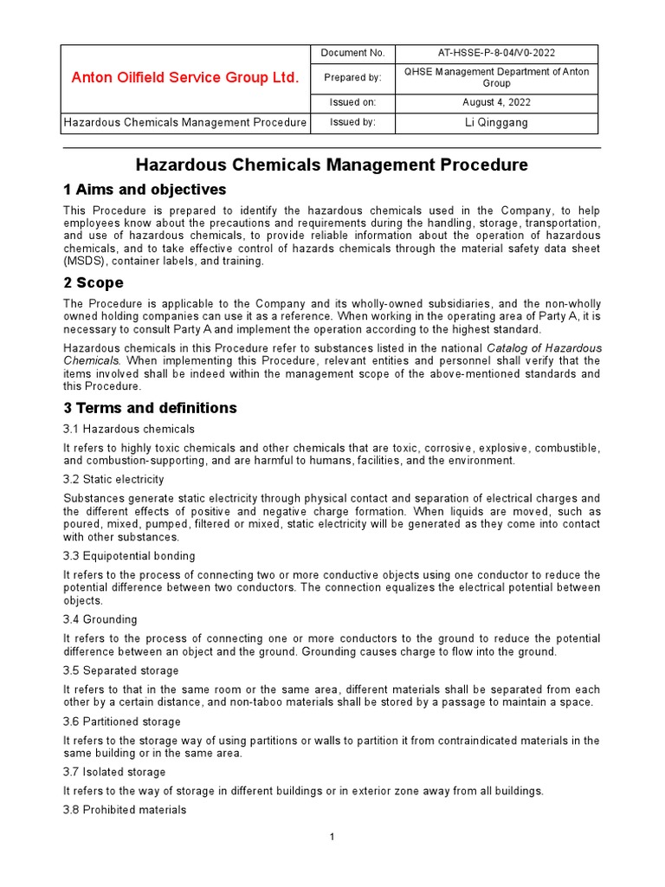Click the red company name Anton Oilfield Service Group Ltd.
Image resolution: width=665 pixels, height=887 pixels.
pyautogui.click(x=184, y=78)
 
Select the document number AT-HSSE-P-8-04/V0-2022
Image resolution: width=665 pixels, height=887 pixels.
pyautogui.click(x=496, y=53)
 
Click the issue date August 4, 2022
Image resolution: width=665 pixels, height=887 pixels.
pyautogui.click(x=496, y=102)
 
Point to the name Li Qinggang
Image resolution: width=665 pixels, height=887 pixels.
pyautogui.click(x=496, y=122)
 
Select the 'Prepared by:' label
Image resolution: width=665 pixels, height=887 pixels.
pyautogui.click(x=352, y=78)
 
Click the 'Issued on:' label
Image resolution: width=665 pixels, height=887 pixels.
pyautogui.click(x=352, y=102)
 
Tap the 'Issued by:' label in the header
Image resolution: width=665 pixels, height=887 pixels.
pyautogui.click(x=352, y=122)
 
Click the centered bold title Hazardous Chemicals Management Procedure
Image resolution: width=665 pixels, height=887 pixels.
pyautogui.click(x=332, y=165)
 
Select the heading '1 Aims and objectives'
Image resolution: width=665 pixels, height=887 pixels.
pyautogui.click(x=145, y=190)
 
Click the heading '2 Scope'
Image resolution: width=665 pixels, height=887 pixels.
pyautogui.click(x=94, y=282)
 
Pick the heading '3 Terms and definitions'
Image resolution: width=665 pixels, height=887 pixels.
pyautogui.click(x=150, y=407)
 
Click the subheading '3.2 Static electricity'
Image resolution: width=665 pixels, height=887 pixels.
pyautogui.click(x=113, y=479)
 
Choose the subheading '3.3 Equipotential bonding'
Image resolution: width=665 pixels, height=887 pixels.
pyautogui.click(x=129, y=555)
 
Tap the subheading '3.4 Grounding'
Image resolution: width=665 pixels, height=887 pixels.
pyautogui.click(x=100, y=619)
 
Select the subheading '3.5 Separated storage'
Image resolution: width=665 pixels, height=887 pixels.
pyautogui.click(x=121, y=670)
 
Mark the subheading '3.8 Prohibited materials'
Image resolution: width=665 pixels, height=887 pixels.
pyautogui.click(x=125, y=810)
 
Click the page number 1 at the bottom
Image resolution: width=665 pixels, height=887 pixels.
pyautogui.click(x=332, y=837)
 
